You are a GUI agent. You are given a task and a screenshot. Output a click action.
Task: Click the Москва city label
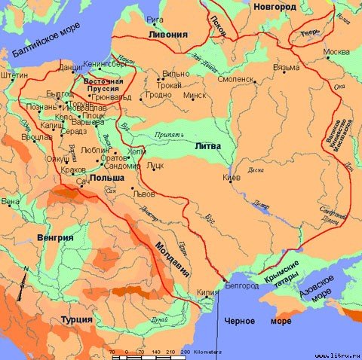coord(336,52)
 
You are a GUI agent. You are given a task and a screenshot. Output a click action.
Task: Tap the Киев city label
coord(232,178)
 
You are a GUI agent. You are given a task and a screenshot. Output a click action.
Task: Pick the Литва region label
coord(207,145)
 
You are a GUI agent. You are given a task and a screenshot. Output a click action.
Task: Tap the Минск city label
coord(195,96)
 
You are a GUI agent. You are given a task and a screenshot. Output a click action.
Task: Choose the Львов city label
coord(143,193)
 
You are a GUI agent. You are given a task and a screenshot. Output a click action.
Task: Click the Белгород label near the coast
coord(242,286)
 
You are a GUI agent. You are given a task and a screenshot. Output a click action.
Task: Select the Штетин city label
coord(15,75)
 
